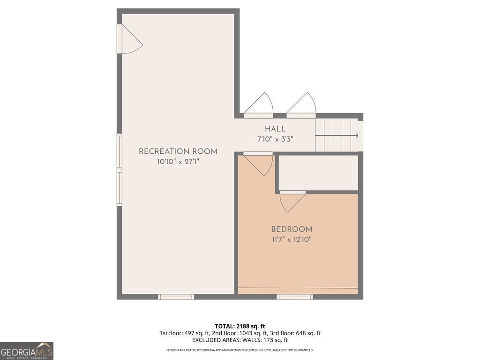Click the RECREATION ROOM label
(178, 151)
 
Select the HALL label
(275, 129)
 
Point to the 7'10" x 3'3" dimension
(275, 139)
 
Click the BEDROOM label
(292, 229)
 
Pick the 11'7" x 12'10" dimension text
(292, 240)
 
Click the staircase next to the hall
(336, 135)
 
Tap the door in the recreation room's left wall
(129, 39)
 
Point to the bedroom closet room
(318, 172)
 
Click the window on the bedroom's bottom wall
(294, 297)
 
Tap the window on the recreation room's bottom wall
(176, 297)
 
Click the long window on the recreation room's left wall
(120, 170)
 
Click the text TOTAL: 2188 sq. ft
(240, 326)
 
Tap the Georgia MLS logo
(27, 351)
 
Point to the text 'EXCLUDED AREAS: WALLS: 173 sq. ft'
(240, 340)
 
